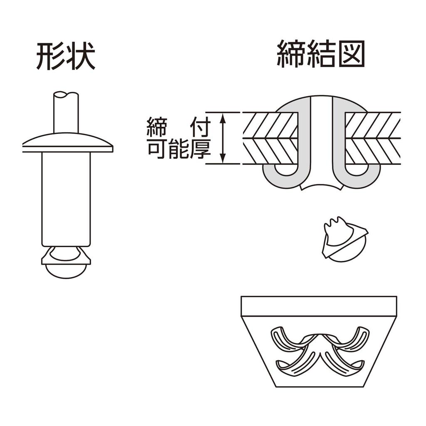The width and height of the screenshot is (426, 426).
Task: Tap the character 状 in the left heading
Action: click(80, 57)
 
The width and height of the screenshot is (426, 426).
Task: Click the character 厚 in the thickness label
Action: click(198, 150)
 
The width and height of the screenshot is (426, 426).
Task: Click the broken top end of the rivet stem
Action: click(66, 95)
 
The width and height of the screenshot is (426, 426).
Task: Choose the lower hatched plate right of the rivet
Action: click(372, 151)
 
